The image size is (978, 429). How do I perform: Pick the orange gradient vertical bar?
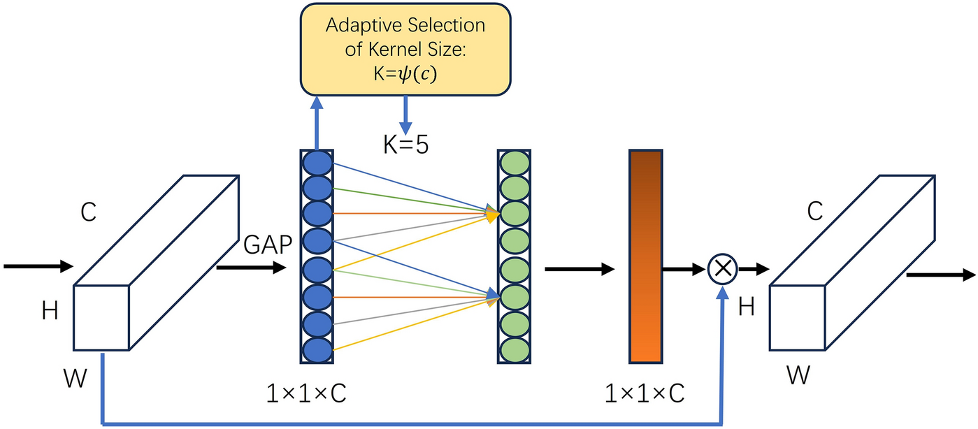(645, 256)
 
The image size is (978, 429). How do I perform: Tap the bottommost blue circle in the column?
(317, 349)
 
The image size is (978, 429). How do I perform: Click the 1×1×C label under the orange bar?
(644, 394)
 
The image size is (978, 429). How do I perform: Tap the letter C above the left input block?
(88, 212)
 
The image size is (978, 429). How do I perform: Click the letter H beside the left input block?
(50, 310)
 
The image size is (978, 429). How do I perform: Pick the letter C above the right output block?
(815, 212)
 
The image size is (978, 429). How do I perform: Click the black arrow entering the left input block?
(38, 266)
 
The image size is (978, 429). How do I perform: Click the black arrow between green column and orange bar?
(579, 268)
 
